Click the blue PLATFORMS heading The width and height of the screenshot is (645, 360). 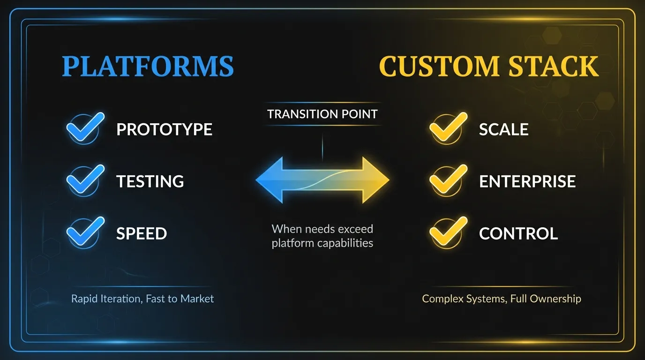(148, 66)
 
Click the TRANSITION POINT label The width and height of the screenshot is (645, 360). (322, 114)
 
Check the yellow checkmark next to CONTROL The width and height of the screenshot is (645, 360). (448, 232)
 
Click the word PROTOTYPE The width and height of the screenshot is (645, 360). (164, 129)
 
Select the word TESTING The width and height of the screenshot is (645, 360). (150, 181)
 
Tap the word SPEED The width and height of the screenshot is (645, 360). (142, 233)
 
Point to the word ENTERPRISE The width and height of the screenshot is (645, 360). (527, 181)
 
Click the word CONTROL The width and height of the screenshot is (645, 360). (518, 233)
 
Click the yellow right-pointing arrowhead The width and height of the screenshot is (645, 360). (375, 180)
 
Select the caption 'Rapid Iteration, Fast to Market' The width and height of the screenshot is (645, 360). (142, 299)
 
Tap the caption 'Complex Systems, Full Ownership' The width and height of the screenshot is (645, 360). (502, 299)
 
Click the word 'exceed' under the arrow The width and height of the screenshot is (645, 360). (356, 229)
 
